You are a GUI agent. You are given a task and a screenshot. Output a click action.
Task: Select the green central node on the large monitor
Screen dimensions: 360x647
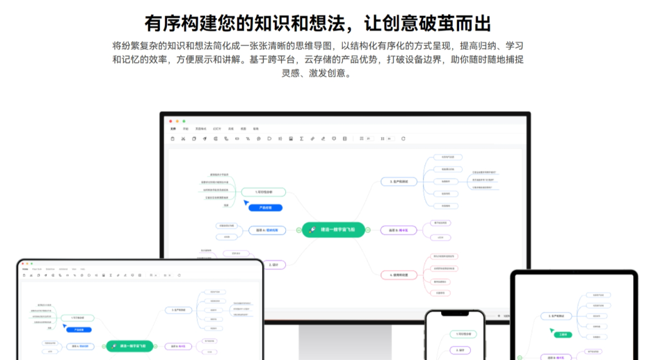point(333,230)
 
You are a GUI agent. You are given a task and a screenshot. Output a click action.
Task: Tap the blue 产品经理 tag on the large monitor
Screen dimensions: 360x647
point(266,207)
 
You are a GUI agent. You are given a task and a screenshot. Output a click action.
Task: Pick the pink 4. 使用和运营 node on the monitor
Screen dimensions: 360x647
point(399,275)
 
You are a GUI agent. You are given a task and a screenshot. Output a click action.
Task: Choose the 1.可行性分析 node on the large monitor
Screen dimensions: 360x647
point(263,192)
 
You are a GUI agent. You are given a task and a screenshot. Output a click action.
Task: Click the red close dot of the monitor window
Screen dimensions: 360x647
point(170,121)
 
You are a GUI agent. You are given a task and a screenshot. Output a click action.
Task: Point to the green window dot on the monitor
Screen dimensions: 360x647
point(183,121)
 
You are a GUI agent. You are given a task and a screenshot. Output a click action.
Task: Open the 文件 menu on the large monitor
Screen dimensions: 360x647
point(173,129)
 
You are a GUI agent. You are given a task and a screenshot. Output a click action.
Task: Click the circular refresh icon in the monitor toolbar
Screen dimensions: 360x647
point(403,138)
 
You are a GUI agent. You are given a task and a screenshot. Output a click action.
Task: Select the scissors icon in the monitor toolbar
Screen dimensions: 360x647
point(183,138)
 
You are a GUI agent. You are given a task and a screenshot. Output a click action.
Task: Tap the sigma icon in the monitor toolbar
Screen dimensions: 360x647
point(301,138)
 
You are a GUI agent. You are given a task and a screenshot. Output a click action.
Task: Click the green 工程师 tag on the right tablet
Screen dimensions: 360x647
point(562,335)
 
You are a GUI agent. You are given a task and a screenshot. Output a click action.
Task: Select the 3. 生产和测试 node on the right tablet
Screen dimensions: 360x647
point(557,315)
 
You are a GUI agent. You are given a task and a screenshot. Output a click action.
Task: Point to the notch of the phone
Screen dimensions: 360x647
point(454,315)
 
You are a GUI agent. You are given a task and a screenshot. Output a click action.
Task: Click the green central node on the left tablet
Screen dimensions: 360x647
point(129,346)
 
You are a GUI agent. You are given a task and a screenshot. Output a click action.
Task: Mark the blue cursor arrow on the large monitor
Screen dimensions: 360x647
point(246,202)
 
